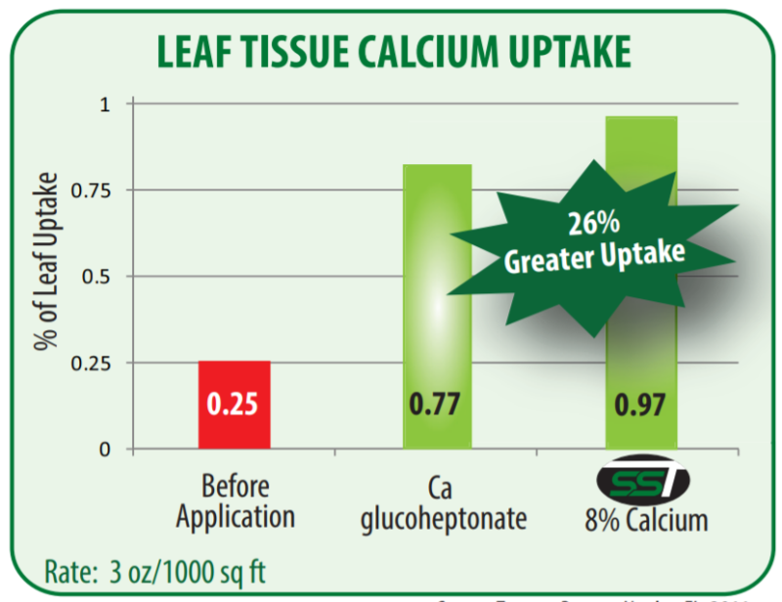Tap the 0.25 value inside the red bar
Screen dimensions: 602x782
pos(235,404)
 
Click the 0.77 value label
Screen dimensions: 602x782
pos(437,404)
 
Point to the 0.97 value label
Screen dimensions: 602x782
pos(641,404)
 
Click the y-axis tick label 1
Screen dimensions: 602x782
pos(107,103)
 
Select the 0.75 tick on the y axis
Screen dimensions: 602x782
pos(95,190)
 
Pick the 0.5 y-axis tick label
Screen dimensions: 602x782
pos(100,277)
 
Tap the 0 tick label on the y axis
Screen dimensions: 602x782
pos(106,450)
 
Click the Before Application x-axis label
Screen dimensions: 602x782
pos(234,501)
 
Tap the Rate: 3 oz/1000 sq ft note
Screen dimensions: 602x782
pos(156,570)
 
